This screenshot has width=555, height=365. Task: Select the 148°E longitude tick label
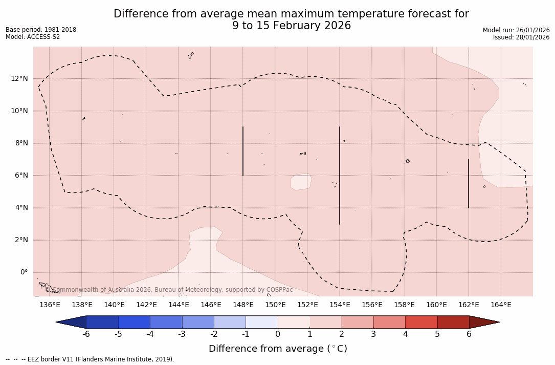point(243,305)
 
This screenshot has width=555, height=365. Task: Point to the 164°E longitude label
point(501,305)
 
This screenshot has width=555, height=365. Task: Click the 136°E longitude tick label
point(50,305)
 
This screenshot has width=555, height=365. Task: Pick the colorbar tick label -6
point(86,334)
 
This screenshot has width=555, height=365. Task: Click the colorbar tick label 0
point(278,334)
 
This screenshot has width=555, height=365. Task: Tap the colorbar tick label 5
point(437,334)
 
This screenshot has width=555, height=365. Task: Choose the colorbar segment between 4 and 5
point(421,322)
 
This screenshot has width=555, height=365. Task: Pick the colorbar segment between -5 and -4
point(134,322)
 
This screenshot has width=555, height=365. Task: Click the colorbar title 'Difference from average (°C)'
point(278,349)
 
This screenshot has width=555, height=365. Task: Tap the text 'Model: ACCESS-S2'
point(33,37)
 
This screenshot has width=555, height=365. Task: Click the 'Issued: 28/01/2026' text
point(521,37)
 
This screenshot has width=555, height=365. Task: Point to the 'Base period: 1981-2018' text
point(41,30)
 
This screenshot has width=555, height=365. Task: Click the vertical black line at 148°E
point(243,151)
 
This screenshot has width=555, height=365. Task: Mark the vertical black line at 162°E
point(469,183)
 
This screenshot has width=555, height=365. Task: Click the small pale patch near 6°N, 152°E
point(301,182)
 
